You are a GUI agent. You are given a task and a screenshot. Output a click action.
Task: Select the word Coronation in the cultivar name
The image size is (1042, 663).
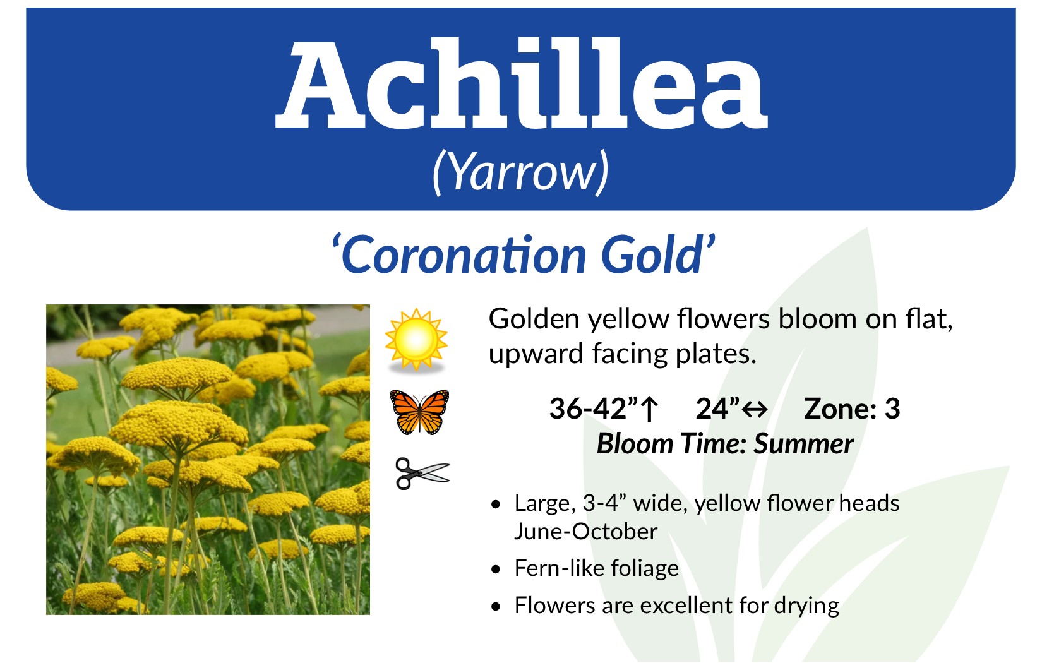point(464,256)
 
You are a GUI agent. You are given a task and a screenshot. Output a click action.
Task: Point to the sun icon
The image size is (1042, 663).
point(416,340)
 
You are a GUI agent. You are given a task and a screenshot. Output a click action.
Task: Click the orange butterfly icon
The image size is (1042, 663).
point(419,412)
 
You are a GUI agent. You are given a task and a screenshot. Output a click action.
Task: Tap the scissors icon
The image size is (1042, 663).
point(422,474)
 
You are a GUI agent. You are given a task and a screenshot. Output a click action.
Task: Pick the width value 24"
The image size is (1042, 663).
point(717,409)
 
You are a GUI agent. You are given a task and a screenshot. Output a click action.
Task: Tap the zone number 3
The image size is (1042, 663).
point(892,409)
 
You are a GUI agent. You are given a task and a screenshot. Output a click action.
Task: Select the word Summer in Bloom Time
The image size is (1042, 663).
point(803,444)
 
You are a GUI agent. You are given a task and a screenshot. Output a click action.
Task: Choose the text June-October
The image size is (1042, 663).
point(585,531)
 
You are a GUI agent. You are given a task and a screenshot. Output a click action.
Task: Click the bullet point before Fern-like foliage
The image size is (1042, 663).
point(496,569)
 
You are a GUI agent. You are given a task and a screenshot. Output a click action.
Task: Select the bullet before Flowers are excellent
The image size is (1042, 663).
point(496,606)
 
